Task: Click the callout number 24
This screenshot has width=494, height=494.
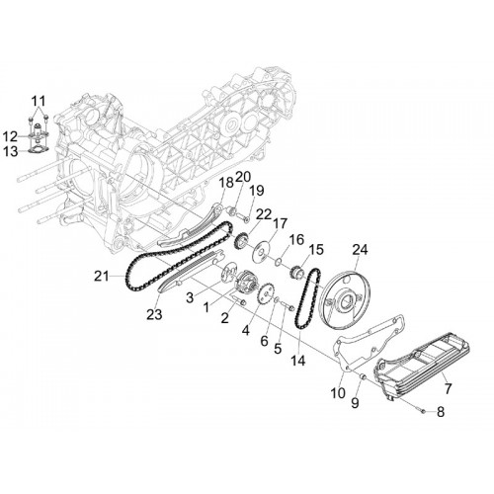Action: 360,250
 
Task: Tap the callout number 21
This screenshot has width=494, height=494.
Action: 101,276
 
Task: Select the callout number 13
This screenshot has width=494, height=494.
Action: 11,152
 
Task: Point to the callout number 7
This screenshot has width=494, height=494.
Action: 448,388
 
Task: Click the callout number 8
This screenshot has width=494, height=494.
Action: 441,412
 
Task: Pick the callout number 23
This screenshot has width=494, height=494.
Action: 154,314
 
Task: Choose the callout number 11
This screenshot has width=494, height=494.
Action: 39,101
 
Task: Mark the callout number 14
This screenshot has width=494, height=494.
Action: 298,361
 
